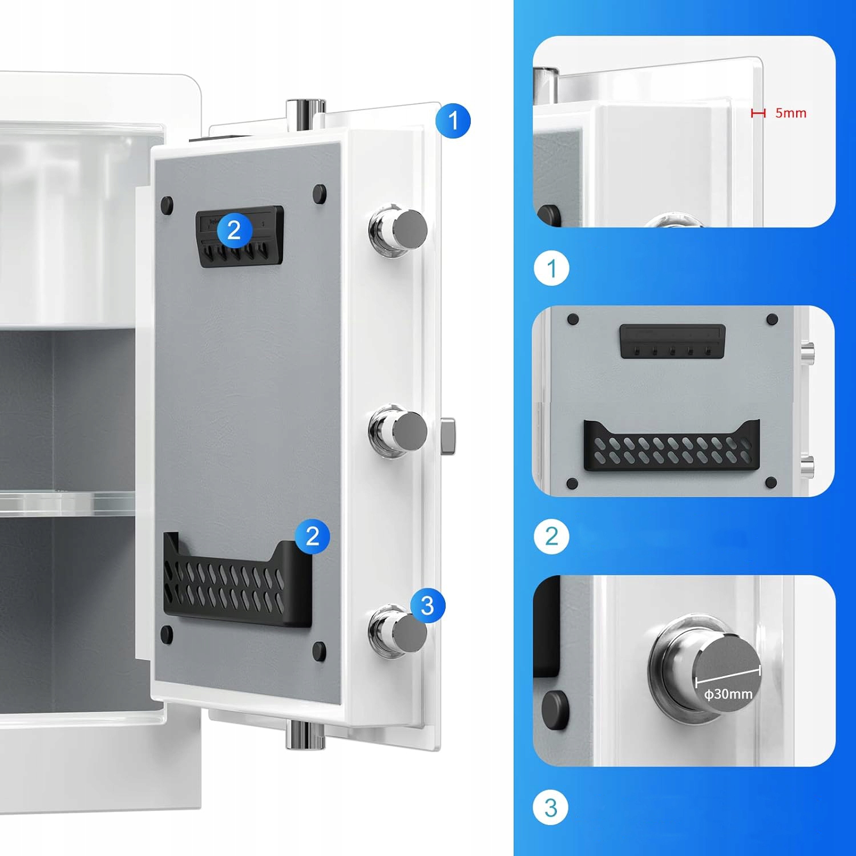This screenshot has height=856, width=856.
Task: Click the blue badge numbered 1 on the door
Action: (453, 121)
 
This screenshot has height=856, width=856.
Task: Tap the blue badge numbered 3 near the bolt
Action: (427, 605)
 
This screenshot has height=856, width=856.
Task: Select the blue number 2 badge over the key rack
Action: (234, 231)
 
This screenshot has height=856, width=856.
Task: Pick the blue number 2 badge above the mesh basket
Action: (313, 536)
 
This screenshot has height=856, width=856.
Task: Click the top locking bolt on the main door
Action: (398, 229)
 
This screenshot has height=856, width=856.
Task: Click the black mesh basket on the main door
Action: (237, 582)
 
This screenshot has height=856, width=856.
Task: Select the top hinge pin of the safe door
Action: (305, 114)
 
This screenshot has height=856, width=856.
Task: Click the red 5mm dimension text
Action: (790, 113)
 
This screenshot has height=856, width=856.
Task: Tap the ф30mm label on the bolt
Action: (728, 694)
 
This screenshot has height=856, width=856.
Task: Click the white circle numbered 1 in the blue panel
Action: (551, 268)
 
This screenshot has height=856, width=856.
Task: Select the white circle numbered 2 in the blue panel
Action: (551, 536)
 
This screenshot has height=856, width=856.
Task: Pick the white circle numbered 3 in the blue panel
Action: (551, 807)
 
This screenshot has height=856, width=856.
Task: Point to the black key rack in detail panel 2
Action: (673, 341)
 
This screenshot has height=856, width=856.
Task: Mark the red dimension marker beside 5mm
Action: (758, 113)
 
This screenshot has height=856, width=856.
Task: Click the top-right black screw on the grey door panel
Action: (320, 193)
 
